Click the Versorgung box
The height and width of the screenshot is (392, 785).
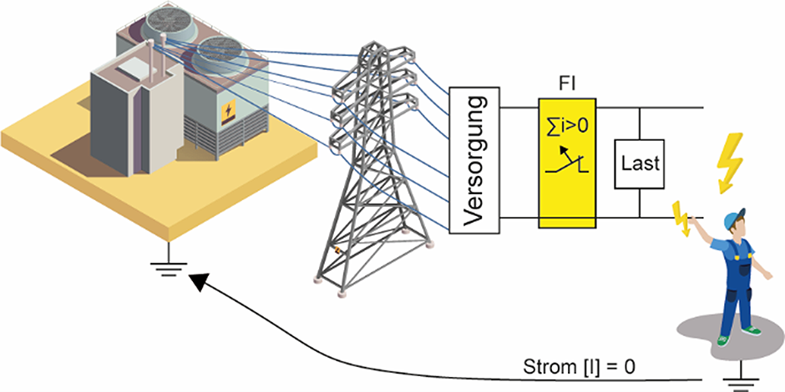coord(474,159)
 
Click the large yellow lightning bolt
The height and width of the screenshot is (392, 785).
coord(728,160)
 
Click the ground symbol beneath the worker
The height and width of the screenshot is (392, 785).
coord(737,383)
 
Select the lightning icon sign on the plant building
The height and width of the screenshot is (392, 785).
coord(227,113)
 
